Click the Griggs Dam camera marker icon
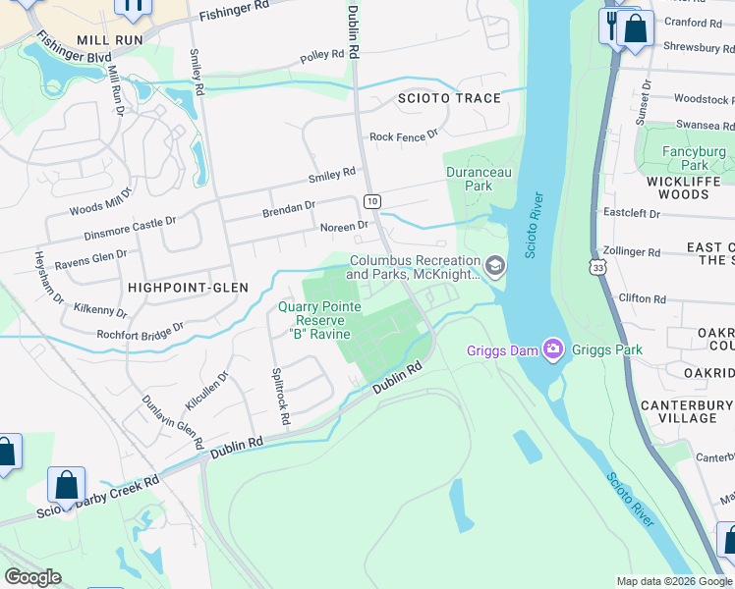click(x=553, y=348)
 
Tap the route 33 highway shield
click(x=598, y=266)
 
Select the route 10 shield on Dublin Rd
click(x=371, y=201)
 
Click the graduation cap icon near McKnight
click(x=495, y=265)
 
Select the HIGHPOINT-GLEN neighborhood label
click(x=188, y=287)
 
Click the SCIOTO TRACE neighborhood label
click(x=448, y=98)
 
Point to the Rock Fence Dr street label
click(x=403, y=136)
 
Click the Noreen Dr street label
click(x=344, y=226)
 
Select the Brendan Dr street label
click(x=288, y=209)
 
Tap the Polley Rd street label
click(x=322, y=57)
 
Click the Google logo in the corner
click(x=32, y=577)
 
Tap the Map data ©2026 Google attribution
click(x=673, y=581)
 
